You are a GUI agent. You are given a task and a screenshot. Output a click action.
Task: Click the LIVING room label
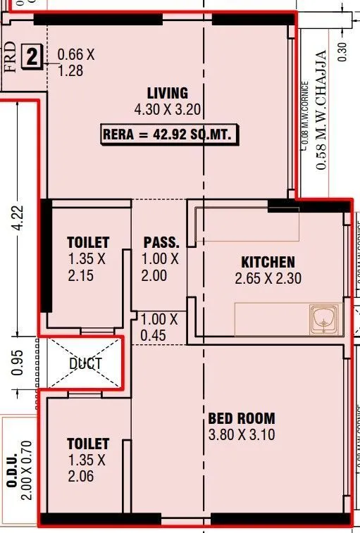coord(167,93)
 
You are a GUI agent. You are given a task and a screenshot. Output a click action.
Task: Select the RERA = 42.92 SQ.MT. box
coord(170,134)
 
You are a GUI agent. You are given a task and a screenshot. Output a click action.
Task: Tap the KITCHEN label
coord(268,262)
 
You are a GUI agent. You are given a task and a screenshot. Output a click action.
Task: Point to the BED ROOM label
coord(241,418)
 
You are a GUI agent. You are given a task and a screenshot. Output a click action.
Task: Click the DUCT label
coord(85,364)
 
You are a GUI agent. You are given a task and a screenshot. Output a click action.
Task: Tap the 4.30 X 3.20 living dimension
coord(167,110)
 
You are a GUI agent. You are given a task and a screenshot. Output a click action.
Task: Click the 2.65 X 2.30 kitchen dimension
coord(268,279)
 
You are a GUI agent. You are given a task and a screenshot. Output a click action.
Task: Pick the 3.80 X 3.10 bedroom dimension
coord(241,435)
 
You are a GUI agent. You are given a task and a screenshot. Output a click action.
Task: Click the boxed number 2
coord(32,56)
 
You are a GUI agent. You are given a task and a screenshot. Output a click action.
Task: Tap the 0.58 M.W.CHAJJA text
coord(323,109)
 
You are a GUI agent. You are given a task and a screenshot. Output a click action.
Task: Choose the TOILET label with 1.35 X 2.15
coord(88,242)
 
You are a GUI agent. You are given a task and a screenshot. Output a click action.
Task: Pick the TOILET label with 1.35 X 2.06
coord(88,444)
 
